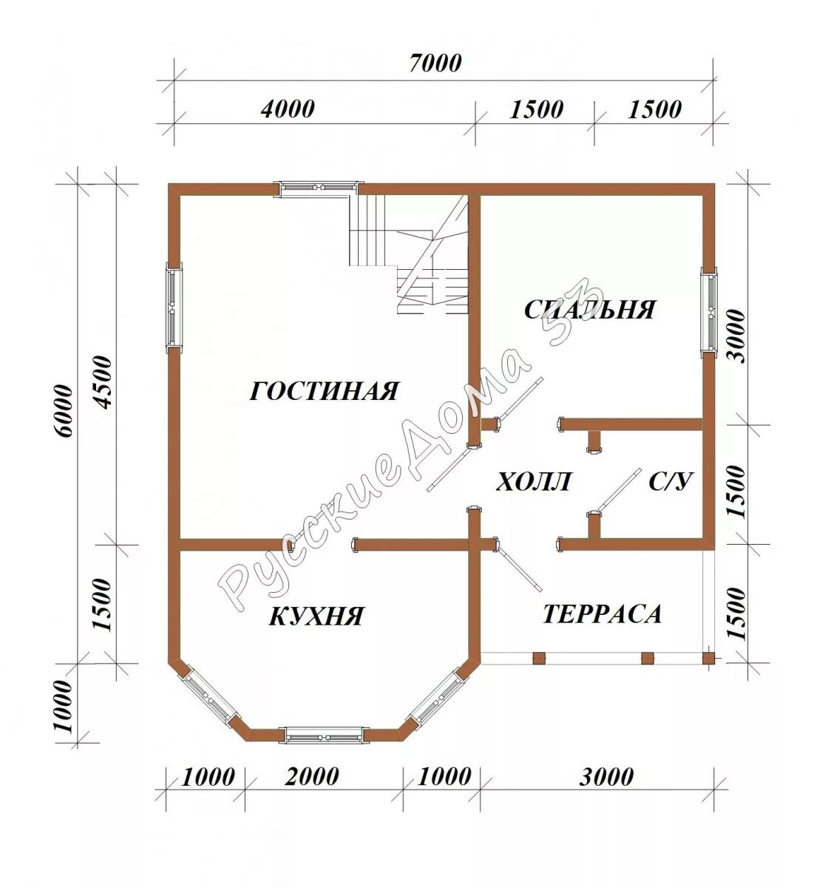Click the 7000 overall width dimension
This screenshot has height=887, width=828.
(x=435, y=64)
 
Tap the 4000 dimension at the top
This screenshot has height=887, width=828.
(x=288, y=109)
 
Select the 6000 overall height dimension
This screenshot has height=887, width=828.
(x=62, y=411)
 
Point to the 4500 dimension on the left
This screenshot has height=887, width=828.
(x=101, y=382)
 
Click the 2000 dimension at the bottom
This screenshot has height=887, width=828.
(x=312, y=777)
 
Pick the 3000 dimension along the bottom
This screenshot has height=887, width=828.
(x=606, y=777)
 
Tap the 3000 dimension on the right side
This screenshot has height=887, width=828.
(x=736, y=336)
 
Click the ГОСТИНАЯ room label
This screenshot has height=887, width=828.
(x=324, y=391)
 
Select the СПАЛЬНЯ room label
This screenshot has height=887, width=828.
(x=590, y=310)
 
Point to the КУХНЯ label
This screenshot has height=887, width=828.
(x=316, y=616)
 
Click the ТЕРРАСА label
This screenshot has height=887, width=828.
(x=602, y=614)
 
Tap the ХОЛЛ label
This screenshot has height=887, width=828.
(x=533, y=482)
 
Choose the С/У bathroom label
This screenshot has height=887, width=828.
(x=671, y=481)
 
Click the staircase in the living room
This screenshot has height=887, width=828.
(x=409, y=254)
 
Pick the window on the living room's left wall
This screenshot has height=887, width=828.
(x=174, y=307)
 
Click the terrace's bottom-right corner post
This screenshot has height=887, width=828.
(x=708, y=658)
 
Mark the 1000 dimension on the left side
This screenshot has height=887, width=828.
(x=62, y=706)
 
